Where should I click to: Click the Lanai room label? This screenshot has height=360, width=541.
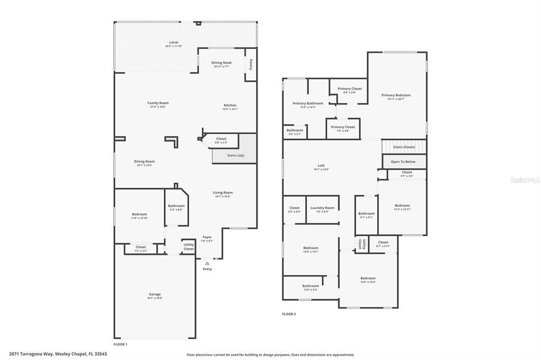(173, 42)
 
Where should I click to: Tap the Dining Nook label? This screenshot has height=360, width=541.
(221, 63)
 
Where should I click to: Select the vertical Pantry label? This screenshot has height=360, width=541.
(251, 64)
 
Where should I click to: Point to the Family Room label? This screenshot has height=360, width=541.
(157, 103)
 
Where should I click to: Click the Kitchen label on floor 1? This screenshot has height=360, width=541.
(230, 105)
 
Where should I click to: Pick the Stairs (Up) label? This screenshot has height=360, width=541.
(236, 156)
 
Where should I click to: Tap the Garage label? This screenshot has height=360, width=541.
(155, 294)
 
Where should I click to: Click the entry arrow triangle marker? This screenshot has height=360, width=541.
(207, 262)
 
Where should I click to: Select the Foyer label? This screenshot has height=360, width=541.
(207, 237)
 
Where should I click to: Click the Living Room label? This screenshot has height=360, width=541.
(222, 193)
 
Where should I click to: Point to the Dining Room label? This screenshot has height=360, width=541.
(144, 162)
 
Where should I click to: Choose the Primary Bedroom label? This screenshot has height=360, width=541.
(396, 95)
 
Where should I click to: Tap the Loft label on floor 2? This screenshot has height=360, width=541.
(321, 165)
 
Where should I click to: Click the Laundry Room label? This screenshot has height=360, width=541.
(322, 207)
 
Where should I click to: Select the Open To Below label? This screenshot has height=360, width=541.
(403, 162)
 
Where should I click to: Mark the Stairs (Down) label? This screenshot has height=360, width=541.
(404, 147)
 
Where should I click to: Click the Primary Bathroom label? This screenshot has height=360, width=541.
(307, 103)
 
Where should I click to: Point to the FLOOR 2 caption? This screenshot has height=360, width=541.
(289, 314)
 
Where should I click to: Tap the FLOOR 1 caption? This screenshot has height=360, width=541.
(120, 344)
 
